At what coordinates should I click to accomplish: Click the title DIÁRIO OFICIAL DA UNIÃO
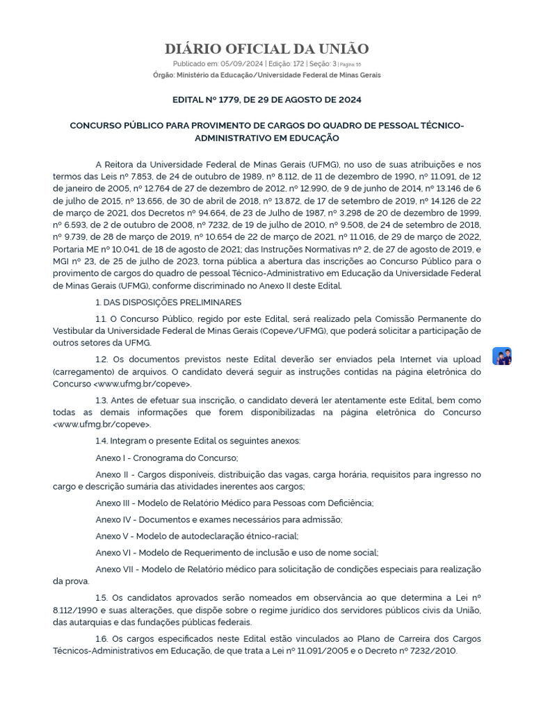[x=266, y=49]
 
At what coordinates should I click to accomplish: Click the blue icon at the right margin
[x=502, y=356]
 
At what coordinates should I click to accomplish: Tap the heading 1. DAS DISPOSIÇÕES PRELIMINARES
[x=168, y=302]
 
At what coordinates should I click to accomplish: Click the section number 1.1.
[x=102, y=318]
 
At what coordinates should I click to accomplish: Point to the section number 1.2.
[x=102, y=359]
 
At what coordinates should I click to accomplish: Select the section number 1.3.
[x=102, y=400]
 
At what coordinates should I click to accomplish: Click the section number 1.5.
[x=102, y=597]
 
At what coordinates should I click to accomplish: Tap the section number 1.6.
[x=102, y=638]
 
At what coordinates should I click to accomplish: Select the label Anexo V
[x=113, y=536]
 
